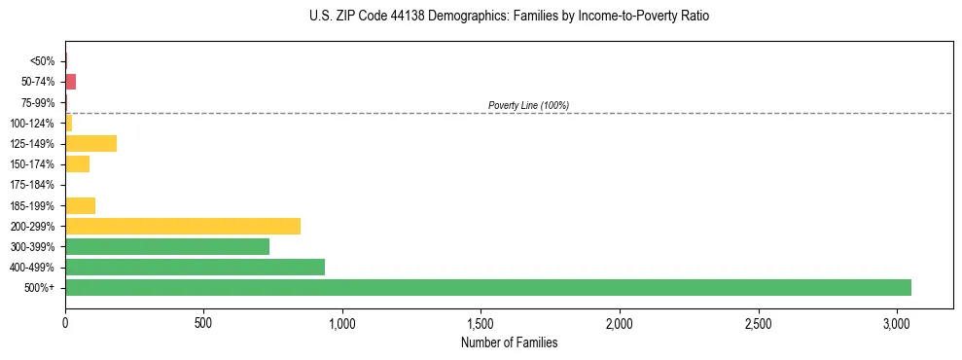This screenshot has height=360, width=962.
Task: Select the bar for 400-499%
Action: [x=195, y=267]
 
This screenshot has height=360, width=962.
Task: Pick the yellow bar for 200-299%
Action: [x=183, y=226]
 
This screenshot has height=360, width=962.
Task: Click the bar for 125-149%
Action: [x=91, y=144]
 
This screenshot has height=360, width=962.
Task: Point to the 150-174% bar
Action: [x=78, y=164]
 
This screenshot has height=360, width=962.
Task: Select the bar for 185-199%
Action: [x=81, y=205]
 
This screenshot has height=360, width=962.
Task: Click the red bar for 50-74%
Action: [x=70, y=82]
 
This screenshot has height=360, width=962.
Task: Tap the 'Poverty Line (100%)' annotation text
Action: [x=528, y=105]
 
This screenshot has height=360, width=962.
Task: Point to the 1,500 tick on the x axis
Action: [x=481, y=322]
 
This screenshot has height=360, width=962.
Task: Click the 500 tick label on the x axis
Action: [x=203, y=322]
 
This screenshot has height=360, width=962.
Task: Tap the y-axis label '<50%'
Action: [x=42, y=61]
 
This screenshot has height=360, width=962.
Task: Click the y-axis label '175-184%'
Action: [x=33, y=185]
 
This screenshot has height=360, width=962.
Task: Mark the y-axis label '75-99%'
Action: [x=38, y=102]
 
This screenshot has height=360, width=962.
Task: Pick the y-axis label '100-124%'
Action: [x=33, y=124]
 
